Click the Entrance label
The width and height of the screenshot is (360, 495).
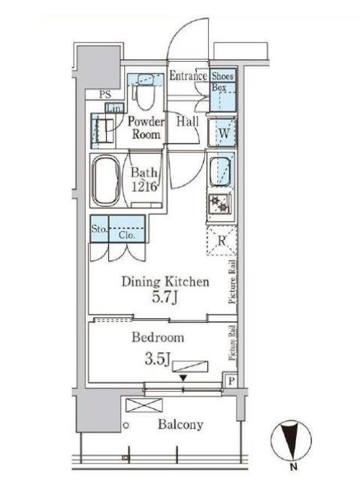click(x=188, y=76)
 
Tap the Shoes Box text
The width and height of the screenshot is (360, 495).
click(x=222, y=81)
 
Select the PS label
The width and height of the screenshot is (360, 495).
click(x=106, y=95)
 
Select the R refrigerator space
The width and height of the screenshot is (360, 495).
click(x=222, y=241)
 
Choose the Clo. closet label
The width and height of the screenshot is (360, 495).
click(x=126, y=234)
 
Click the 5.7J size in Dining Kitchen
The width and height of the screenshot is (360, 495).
click(x=165, y=299)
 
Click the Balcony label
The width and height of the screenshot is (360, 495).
click(x=180, y=425)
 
